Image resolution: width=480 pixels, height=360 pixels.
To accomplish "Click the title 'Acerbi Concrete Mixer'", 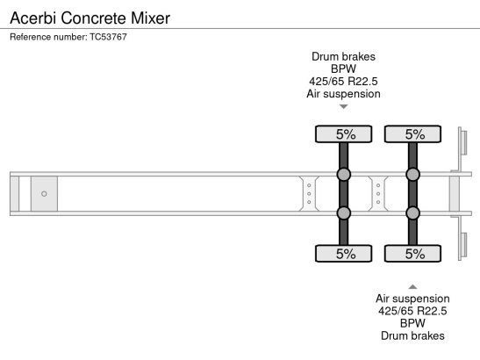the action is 90,18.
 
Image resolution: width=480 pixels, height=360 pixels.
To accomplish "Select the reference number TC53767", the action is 108,37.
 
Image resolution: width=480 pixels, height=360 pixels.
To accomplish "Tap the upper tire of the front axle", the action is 343,134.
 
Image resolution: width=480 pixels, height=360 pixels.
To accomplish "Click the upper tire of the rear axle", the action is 412,134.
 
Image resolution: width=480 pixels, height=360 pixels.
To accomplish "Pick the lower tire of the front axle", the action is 343,254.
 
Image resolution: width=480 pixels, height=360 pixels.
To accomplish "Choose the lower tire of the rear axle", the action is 412,254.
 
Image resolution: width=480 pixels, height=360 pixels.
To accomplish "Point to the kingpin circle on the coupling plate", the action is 44,194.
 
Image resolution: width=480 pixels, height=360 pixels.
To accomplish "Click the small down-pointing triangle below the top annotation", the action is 344,106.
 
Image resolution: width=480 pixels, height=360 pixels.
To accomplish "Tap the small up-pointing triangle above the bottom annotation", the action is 412,287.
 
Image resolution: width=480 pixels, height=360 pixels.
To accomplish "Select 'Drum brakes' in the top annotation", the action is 343,57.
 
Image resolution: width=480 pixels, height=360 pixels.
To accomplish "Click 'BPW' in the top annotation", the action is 343,69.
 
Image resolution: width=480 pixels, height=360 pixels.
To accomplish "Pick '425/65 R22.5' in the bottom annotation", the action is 412,311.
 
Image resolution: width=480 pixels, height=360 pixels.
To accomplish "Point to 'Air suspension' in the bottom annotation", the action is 412,299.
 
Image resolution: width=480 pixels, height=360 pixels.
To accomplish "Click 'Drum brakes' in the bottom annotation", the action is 412,335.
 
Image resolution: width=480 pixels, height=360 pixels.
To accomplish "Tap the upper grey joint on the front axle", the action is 343,175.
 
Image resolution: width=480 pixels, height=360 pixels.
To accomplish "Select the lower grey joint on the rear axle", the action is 412,213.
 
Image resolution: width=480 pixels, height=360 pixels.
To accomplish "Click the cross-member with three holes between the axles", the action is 378,194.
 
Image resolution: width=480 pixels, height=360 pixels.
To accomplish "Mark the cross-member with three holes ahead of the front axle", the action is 309,194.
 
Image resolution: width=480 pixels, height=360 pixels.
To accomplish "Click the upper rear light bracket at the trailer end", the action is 462,141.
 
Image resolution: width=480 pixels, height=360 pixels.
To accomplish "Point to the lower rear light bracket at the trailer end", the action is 462,246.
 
